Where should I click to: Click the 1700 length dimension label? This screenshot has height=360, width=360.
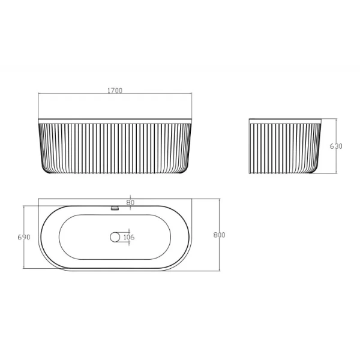pos(115,91)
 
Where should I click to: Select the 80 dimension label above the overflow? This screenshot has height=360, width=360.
pos(130,202)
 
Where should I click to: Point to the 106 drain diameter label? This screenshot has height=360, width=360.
pos(129,237)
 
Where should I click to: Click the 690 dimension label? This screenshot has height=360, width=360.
pos(24,238)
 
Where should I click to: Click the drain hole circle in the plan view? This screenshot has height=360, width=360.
pos(115,237)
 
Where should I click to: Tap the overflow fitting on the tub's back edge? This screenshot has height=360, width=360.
pos(116,208)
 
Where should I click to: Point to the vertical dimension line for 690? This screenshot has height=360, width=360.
pos(23,252)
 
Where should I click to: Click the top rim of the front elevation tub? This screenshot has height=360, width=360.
pos(115,120)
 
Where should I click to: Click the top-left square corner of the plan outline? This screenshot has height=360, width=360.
pos(39,199)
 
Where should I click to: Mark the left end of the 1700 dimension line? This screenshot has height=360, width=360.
pos(38,94)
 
